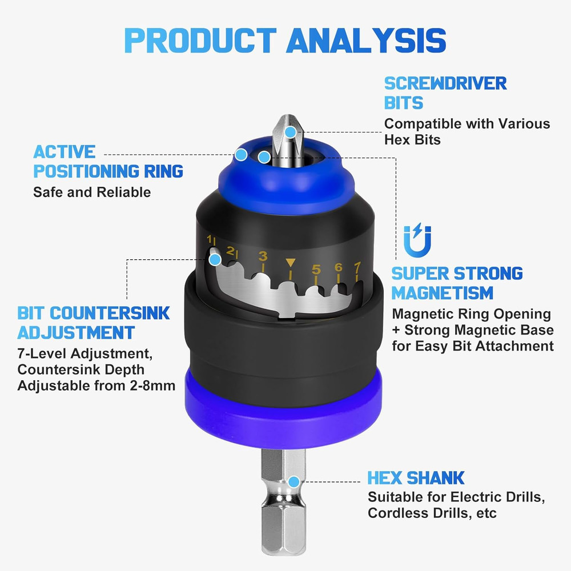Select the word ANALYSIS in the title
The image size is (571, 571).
click(x=366, y=40)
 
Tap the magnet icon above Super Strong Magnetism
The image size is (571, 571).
click(x=417, y=240)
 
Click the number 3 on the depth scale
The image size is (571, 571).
click(x=263, y=256)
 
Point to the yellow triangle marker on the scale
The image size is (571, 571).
click(x=291, y=263)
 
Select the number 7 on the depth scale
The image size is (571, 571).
click(x=357, y=266)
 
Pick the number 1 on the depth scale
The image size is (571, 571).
click(x=210, y=239)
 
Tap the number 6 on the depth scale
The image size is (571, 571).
click(x=338, y=267)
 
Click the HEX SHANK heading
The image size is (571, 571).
click(x=416, y=477)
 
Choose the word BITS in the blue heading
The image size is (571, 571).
click(x=403, y=103)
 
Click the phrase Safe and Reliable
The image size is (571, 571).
click(x=92, y=192)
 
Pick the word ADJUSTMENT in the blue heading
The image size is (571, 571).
click(x=76, y=332)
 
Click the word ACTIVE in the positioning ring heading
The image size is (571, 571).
click(x=64, y=152)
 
